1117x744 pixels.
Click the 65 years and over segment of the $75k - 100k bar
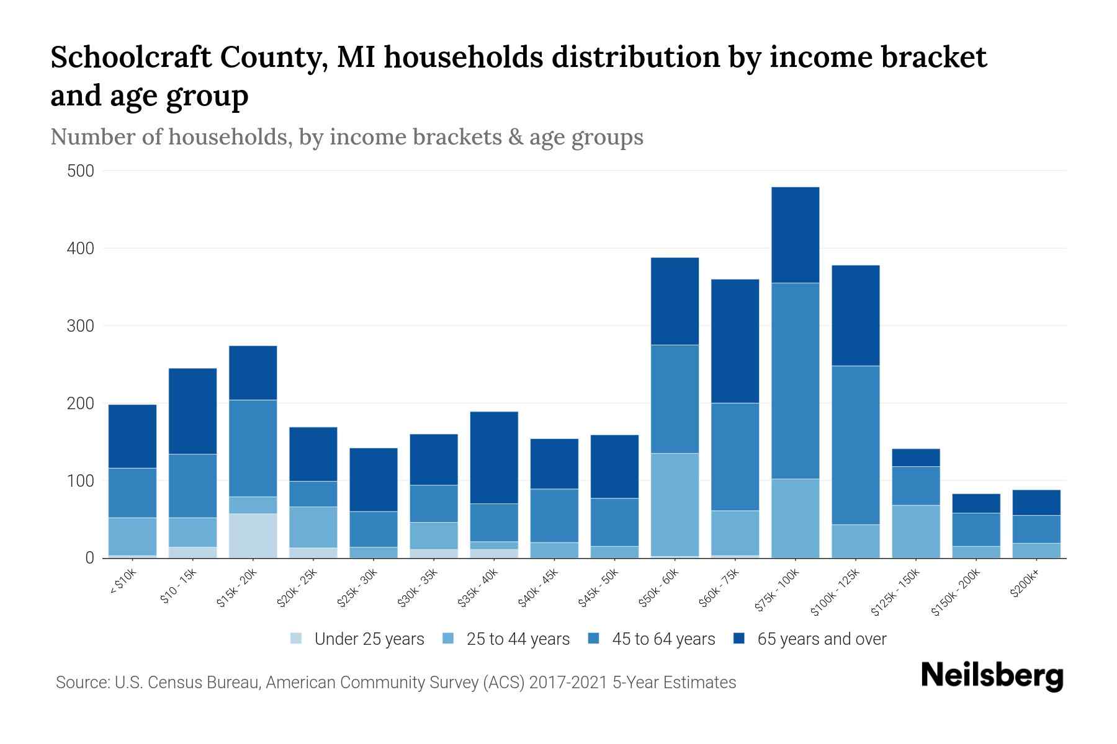click(x=795, y=235)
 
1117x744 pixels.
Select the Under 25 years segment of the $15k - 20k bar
click(x=253, y=536)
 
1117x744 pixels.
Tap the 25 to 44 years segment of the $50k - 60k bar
click(x=675, y=505)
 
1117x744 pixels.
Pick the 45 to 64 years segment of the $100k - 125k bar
click(x=855, y=445)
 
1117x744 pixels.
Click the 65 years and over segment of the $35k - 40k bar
click(x=494, y=458)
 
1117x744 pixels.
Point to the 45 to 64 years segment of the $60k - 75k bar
click(x=735, y=457)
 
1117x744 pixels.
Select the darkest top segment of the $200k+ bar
click(x=1036, y=503)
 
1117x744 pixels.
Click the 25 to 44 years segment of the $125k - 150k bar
click(x=915, y=531)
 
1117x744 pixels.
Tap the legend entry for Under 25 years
click(x=369, y=639)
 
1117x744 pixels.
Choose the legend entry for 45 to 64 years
click(x=663, y=639)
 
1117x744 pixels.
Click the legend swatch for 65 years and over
click(x=739, y=639)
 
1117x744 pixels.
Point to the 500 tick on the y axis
click(x=81, y=171)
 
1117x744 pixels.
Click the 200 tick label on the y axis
click(x=81, y=404)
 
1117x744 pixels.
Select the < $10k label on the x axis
click(x=123, y=583)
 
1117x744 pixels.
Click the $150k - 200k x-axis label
click(x=956, y=592)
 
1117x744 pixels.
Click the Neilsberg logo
click(x=992, y=676)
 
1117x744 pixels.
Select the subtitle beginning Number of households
click(x=346, y=137)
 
